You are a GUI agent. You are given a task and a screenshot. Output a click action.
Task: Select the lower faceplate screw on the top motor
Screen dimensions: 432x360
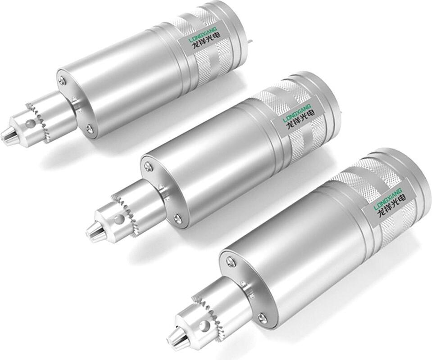(89, 127)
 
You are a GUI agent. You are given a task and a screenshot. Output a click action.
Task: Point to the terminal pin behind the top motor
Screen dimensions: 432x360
(250, 41)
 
